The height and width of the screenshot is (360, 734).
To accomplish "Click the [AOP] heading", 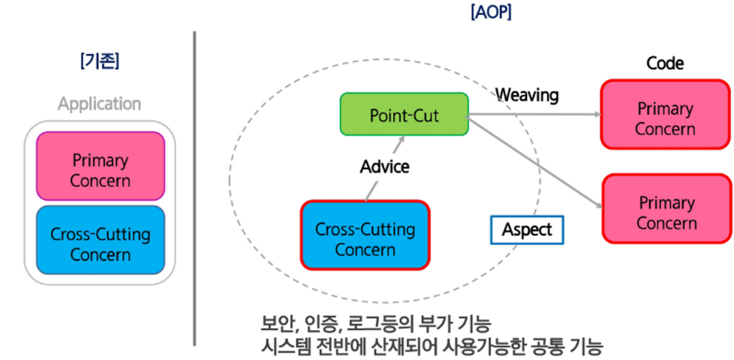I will click(491, 13).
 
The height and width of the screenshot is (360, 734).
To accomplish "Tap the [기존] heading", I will click(100, 62).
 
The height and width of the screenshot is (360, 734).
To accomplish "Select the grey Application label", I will click(100, 103).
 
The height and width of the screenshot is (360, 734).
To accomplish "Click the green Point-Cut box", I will click(404, 114).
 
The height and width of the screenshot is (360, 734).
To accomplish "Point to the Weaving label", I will click(527, 95).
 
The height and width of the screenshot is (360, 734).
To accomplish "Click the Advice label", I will click(384, 167).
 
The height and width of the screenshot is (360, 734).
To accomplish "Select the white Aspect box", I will click(527, 229).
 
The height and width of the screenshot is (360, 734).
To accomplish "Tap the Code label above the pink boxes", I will click(665, 63).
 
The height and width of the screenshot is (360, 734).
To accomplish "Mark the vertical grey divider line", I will click(195, 187).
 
